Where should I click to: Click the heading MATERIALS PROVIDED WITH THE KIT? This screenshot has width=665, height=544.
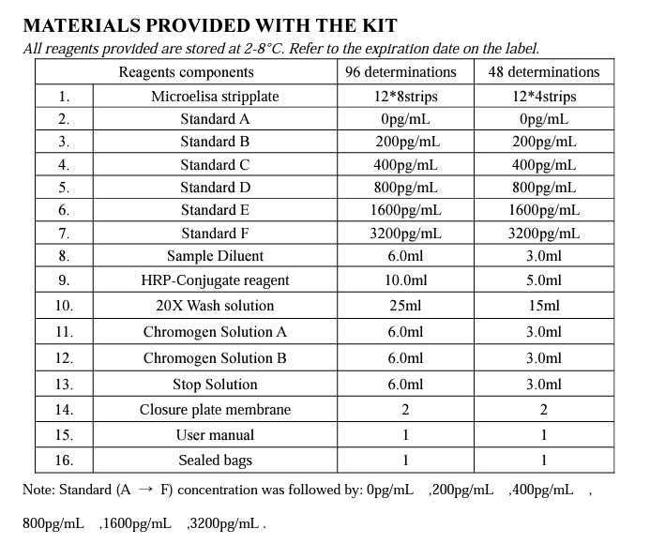[x=209, y=25]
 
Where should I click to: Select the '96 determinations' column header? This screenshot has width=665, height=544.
[x=401, y=72]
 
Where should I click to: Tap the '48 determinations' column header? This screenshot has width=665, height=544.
[x=544, y=72]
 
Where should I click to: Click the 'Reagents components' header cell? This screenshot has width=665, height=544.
[x=186, y=72]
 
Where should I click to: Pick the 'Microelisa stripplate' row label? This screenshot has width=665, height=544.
[x=215, y=97]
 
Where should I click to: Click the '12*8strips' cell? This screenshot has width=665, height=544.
[x=404, y=97]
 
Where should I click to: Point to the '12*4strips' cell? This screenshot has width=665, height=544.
[x=544, y=97]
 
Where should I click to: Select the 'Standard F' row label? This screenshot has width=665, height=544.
[x=215, y=234]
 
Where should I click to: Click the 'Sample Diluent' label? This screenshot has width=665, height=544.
[x=215, y=256]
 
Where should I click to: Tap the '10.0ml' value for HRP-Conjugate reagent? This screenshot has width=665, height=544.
[x=405, y=280]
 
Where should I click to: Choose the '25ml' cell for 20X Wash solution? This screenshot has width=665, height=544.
[x=405, y=306]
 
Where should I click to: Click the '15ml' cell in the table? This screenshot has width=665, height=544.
[x=544, y=306]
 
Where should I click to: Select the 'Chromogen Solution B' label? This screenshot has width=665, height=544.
[x=215, y=358]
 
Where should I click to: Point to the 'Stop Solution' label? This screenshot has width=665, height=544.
[x=215, y=385]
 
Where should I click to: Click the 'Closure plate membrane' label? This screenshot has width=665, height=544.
[x=215, y=410]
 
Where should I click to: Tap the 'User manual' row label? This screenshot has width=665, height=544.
[x=215, y=435]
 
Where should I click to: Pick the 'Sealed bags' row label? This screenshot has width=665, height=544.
[x=215, y=461]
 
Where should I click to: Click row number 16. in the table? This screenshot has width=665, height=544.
[x=64, y=461]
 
